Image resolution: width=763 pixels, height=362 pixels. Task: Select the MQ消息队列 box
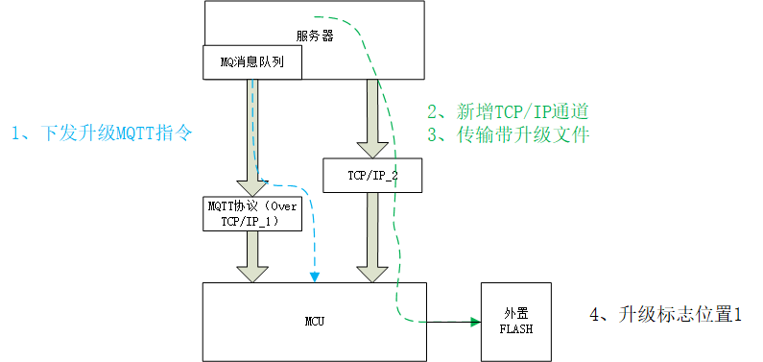[x=252, y=63]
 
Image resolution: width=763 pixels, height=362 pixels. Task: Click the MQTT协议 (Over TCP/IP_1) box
[x=254, y=213]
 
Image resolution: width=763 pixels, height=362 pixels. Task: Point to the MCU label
[x=315, y=320]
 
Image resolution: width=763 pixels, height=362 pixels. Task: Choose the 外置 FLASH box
[x=515, y=321]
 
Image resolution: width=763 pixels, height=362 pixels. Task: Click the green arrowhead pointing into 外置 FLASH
[x=474, y=322]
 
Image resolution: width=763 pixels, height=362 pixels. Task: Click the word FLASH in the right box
[x=515, y=328]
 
